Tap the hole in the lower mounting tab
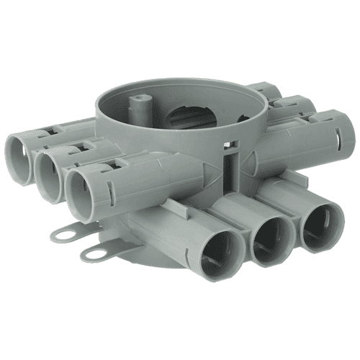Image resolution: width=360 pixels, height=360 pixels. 94,251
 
